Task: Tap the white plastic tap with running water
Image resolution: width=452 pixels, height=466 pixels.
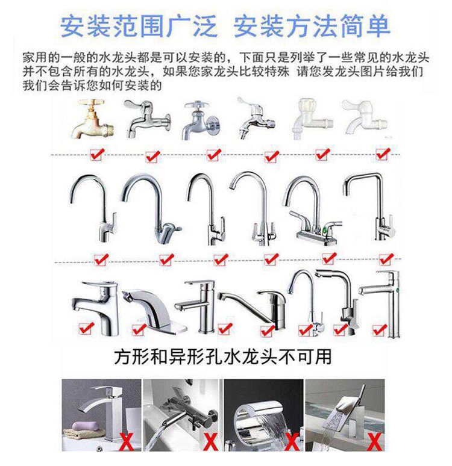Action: pos(312,119)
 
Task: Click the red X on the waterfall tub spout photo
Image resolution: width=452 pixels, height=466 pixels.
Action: pos(292,443)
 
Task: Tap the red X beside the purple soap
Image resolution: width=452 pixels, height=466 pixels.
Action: pos(126,443)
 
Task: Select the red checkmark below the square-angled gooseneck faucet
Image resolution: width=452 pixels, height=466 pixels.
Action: pos(386,259)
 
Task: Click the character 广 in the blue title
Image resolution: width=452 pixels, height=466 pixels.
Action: pos(179,26)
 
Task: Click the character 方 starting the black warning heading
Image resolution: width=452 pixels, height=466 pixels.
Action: pos(122,356)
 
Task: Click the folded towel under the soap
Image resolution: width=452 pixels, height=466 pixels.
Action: pos(84,433)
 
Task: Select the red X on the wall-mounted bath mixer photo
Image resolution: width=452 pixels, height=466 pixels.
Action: pos(211,443)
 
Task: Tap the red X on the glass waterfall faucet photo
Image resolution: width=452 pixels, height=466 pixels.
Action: pos(374,443)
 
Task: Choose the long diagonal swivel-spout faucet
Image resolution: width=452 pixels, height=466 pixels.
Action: pos(253,309)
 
